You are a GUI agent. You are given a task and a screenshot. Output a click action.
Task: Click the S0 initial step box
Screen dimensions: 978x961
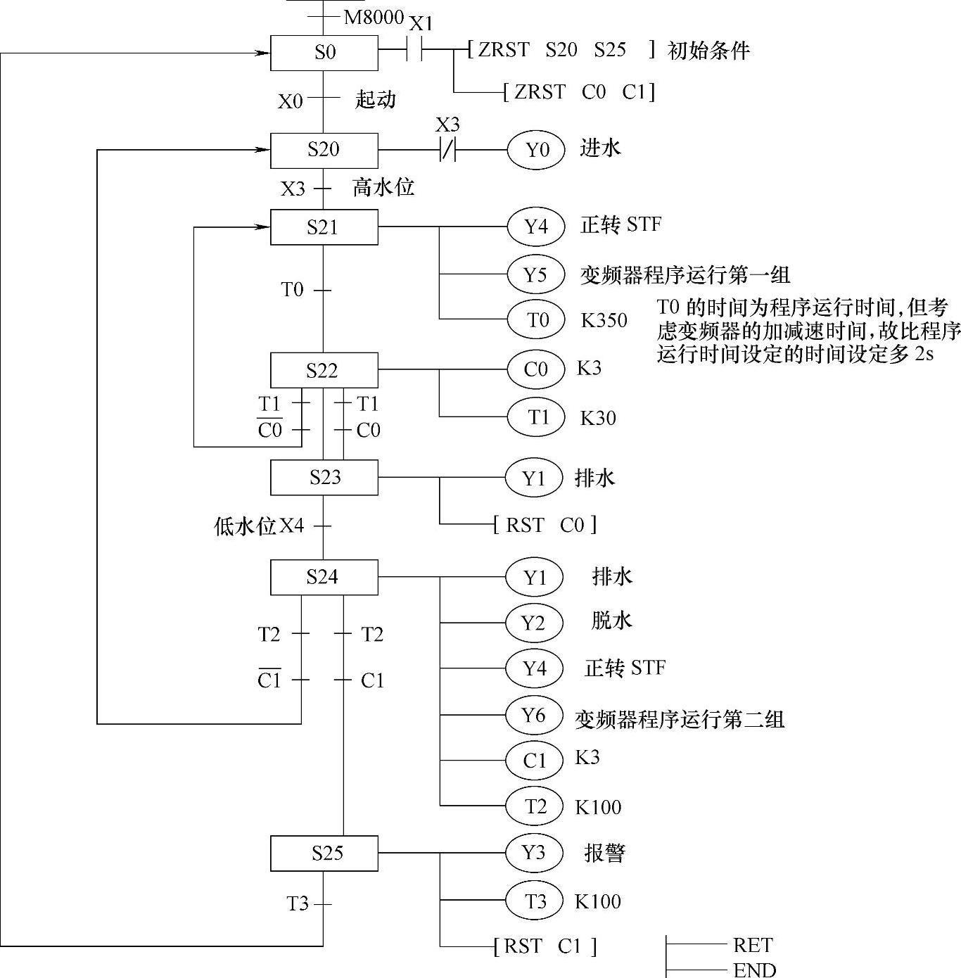[324, 52]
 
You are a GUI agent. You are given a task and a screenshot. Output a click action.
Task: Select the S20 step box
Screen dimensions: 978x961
[324, 150]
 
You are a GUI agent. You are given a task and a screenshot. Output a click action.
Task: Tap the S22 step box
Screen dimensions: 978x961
[324, 370]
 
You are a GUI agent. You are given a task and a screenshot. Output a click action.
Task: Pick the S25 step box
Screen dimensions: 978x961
[324, 853]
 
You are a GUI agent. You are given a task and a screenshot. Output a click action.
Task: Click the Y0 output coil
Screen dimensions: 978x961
[536, 150]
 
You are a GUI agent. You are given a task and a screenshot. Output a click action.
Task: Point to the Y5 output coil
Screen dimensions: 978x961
[536, 274]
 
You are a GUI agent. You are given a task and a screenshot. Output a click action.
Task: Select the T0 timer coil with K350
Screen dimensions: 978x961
[536, 320]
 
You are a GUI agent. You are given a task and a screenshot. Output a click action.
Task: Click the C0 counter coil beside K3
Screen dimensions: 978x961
[536, 369]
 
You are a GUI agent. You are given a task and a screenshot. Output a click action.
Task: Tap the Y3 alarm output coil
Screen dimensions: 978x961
[534, 853]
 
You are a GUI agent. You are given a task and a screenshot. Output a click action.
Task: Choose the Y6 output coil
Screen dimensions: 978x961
[534, 716]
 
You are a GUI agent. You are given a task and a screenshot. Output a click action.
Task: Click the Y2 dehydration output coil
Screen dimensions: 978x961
[534, 623]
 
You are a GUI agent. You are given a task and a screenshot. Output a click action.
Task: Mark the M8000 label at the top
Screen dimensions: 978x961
[374, 18]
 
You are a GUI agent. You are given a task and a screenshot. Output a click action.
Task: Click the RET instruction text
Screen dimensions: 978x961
[753, 945]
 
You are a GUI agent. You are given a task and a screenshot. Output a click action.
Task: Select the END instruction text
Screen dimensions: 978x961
[754, 970]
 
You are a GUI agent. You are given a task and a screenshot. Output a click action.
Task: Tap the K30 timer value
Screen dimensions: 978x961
[598, 419]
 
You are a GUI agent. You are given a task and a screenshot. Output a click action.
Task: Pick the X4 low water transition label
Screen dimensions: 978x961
[292, 526]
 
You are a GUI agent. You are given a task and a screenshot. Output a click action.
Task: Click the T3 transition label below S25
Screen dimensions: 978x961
[298, 903]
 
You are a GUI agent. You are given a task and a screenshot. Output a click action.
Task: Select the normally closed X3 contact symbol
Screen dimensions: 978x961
[447, 150]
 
